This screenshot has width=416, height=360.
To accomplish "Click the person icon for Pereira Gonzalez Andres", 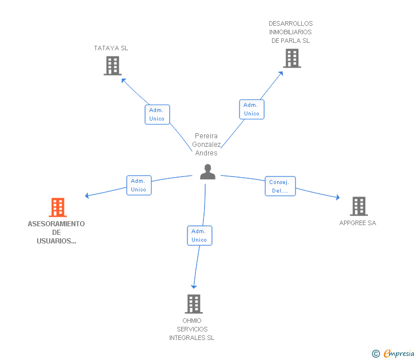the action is tap(207, 172).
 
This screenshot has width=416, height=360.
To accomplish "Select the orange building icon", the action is tap(58, 207).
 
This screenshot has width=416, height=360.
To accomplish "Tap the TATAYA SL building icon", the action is tap(113, 66).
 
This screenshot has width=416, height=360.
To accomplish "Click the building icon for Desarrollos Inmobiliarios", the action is tap(292, 58).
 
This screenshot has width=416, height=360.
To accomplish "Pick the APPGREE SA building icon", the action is tap(359, 206).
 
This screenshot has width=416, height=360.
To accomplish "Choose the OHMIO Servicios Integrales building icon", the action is tap(194, 304).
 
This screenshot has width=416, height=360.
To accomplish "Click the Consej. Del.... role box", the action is tap(280, 186).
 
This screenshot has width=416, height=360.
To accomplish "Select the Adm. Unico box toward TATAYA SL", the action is tap(157, 114).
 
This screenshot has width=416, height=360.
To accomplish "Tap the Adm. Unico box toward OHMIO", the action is tap(199, 235).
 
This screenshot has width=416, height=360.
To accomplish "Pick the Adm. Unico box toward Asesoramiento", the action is tap(139, 185).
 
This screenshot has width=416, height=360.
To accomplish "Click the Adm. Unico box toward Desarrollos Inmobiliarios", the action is tap(252, 109).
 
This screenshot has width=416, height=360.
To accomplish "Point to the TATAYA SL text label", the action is tap(111, 48).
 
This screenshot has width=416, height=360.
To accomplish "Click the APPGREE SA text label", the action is tap(358, 223).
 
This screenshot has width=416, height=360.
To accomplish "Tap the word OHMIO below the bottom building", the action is tap(192, 321).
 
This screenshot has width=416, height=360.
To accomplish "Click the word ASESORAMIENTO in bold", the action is tap(56, 224).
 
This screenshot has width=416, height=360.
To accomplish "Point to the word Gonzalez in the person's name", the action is tap(206, 145).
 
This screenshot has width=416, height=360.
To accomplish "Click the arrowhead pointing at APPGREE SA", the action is tap(338, 197).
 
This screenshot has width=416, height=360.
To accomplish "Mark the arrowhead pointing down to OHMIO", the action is tap(194, 286).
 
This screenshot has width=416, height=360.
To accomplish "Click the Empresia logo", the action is tap(393, 353).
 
